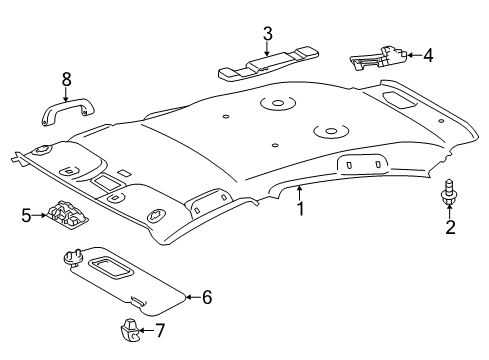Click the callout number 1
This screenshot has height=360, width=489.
coord(299,210)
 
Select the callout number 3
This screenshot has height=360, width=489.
coord(267,35)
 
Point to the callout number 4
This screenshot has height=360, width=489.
coord(427,56)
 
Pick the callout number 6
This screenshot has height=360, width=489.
coord(208,296)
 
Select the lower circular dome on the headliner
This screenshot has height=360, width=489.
coord(328,130)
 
